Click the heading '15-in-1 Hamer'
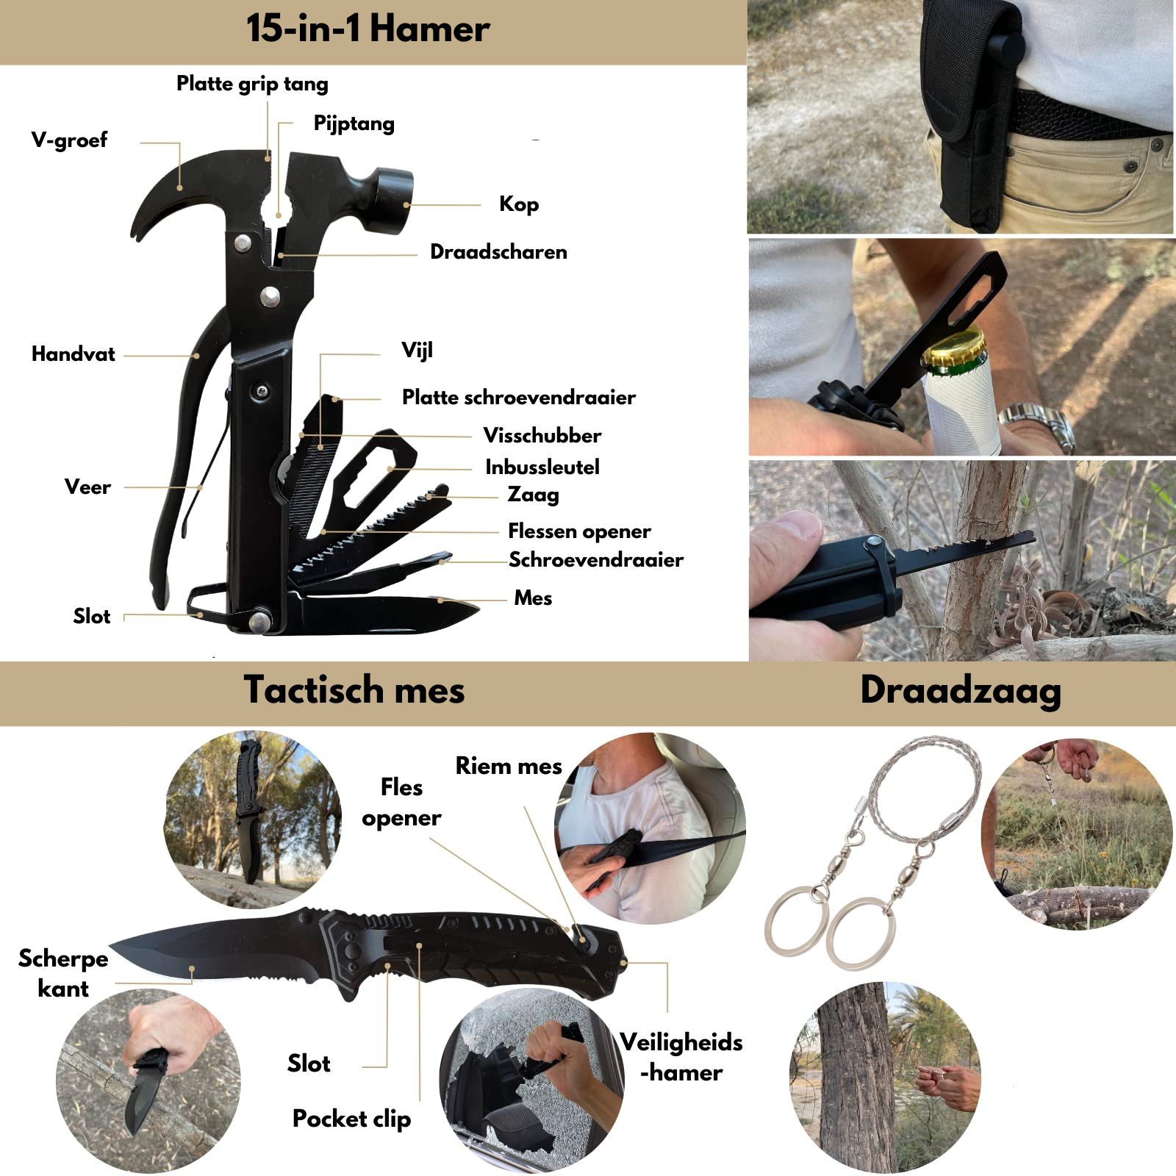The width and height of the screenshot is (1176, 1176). (367, 29)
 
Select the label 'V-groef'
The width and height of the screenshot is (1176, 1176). (69, 140)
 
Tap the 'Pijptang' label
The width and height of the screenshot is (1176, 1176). (354, 123)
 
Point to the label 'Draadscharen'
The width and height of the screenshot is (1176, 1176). (498, 252)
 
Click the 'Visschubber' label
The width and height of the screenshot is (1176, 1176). (542, 435)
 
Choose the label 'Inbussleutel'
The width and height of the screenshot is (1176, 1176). (542, 467)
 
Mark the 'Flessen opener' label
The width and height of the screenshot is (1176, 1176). (579, 531)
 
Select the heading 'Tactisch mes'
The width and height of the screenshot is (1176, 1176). (354, 690)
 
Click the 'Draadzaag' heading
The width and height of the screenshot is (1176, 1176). (961, 691)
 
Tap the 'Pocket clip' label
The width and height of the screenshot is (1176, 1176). (351, 1119)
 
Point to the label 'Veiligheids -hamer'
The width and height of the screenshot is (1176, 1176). (681, 1057)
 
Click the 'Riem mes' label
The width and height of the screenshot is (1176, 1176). (509, 766)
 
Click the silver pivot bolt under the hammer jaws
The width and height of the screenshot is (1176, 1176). (270, 296)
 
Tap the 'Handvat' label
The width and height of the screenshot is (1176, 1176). (73, 354)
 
